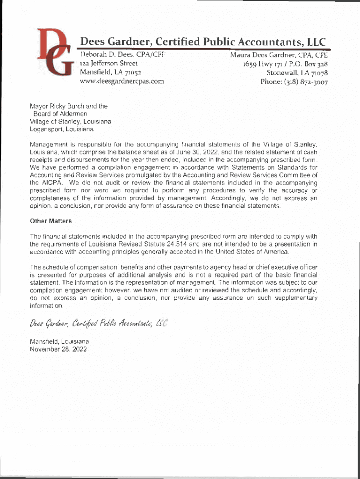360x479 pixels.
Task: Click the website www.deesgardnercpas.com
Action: tap(122, 81)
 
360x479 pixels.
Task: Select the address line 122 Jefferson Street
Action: tap(108, 63)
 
